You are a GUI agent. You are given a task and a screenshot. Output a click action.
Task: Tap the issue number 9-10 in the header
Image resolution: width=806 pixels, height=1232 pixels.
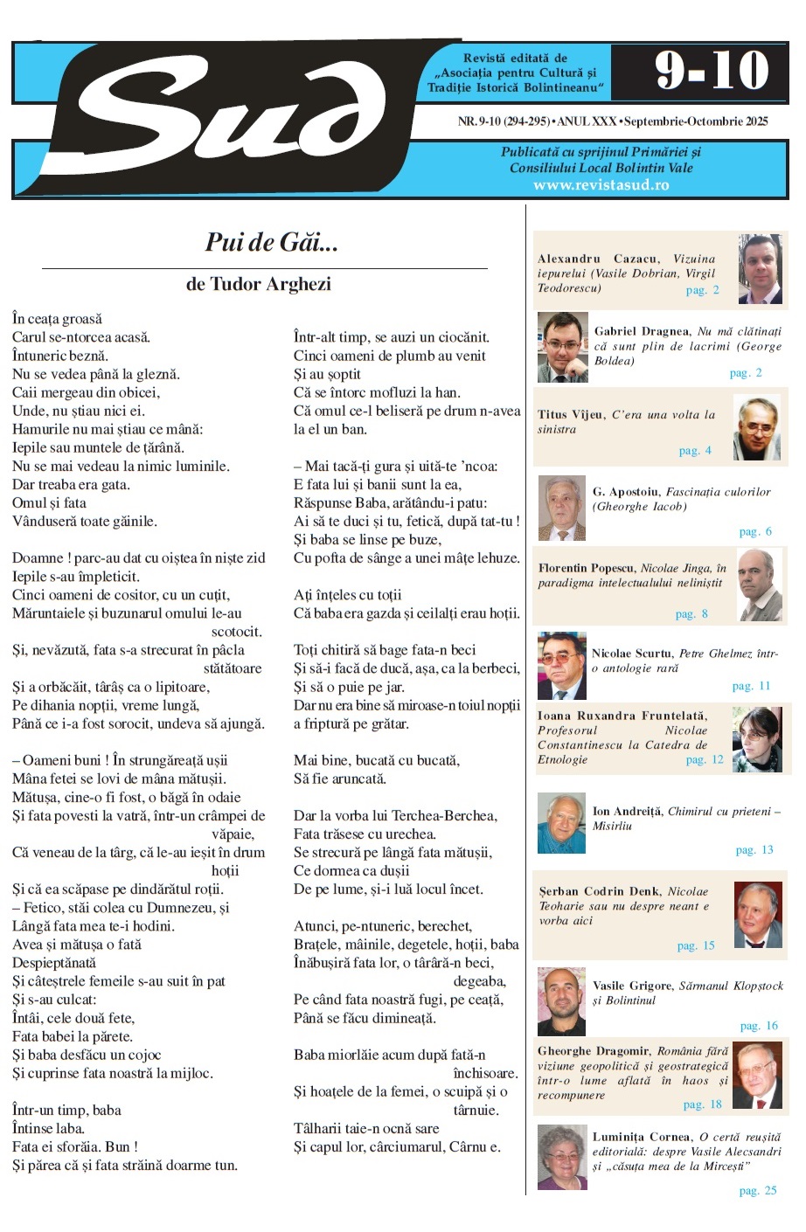[x=712, y=71]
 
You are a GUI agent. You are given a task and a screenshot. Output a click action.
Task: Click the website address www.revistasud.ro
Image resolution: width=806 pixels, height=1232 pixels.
[x=601, y=185]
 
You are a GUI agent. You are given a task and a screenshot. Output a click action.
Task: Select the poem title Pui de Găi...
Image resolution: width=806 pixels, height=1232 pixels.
[x=271, y=242]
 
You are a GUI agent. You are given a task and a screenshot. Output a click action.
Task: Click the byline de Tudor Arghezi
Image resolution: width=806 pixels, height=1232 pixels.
[x=259, y=284]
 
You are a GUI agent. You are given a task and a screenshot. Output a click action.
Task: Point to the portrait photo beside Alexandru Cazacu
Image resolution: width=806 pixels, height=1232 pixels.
[x=760, y=269]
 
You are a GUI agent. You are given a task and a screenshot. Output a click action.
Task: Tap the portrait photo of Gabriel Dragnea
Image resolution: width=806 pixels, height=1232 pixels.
[x=562, y=348]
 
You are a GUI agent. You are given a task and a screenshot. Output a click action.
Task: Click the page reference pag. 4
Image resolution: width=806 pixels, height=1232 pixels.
[x=695, y=451]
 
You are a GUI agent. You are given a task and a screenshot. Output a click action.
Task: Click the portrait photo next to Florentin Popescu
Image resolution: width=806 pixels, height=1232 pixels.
[x=760, y=585]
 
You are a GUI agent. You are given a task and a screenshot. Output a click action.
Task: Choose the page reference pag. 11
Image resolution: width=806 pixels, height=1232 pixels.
[x=751, y=686]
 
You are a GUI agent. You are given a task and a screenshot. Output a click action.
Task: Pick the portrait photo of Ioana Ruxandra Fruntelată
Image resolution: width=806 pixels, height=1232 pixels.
[x=757, y=739]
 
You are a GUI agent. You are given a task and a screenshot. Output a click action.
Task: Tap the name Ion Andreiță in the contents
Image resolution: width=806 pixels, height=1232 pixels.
[x=627, y=812]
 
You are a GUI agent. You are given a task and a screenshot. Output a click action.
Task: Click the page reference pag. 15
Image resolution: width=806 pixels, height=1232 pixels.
[x=696, y=945]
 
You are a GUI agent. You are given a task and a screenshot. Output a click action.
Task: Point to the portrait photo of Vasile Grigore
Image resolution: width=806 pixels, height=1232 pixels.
[x=561, y=1001]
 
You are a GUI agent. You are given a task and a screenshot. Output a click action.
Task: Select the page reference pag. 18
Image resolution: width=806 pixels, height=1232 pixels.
[x=702, y=1104]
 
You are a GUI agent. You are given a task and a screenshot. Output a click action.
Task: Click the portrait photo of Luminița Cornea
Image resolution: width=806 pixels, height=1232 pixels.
[x=561, y=1159]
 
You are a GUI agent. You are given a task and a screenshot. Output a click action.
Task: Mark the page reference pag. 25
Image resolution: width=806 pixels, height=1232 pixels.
[x=757, y=1190]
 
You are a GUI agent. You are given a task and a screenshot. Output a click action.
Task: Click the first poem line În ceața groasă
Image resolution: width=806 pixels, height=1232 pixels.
[x=57, y=319]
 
